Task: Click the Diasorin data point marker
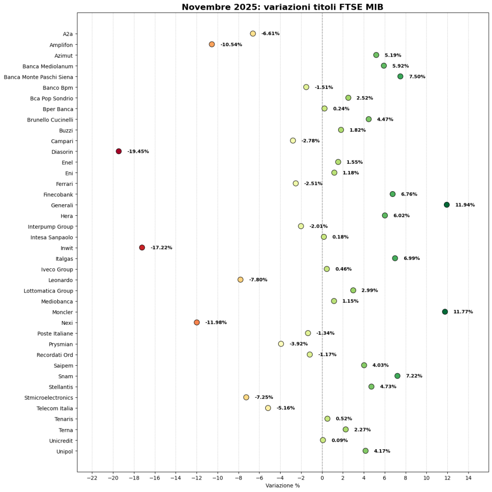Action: click(119, 151)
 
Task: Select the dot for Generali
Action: click(447, 205)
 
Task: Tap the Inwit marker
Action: click(142, 247)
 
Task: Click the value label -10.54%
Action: click(231, 45)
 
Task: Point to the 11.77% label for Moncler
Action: click(463, 312)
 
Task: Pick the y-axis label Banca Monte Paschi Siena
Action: click(38, 77)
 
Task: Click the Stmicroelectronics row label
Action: click(49, 398)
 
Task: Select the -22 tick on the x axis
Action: click(92, 479)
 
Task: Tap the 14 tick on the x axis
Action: click(468, 479)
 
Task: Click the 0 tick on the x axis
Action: click(322, 479)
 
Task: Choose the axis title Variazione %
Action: click(283, 486)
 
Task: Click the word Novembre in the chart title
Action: click(204, 7)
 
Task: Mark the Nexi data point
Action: click(197, 322)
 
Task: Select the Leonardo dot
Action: click(240, 280)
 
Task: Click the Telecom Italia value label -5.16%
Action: click(285, 408)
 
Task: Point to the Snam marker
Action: click(397, 376)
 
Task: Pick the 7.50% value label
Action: click(417, 77)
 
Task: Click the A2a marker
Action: click(253, 34)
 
